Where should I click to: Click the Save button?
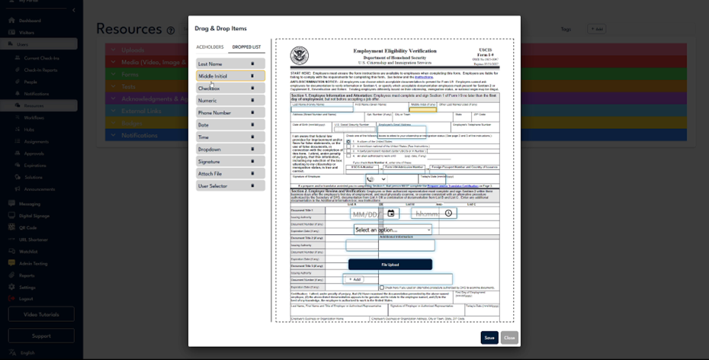489,337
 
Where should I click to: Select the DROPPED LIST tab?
246,47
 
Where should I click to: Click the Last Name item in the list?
230,64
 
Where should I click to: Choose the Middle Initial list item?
230,76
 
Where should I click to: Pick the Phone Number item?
230,113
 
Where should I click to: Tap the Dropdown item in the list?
230,149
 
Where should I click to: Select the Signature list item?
230,162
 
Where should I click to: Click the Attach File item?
230,174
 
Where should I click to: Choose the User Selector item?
230,186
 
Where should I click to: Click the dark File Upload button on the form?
390,265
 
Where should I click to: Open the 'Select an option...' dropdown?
393,230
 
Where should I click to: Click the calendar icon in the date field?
391,214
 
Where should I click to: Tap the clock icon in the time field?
449,214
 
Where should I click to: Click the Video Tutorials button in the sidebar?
41,314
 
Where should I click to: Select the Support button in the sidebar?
41,336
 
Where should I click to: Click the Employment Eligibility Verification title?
395,51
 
